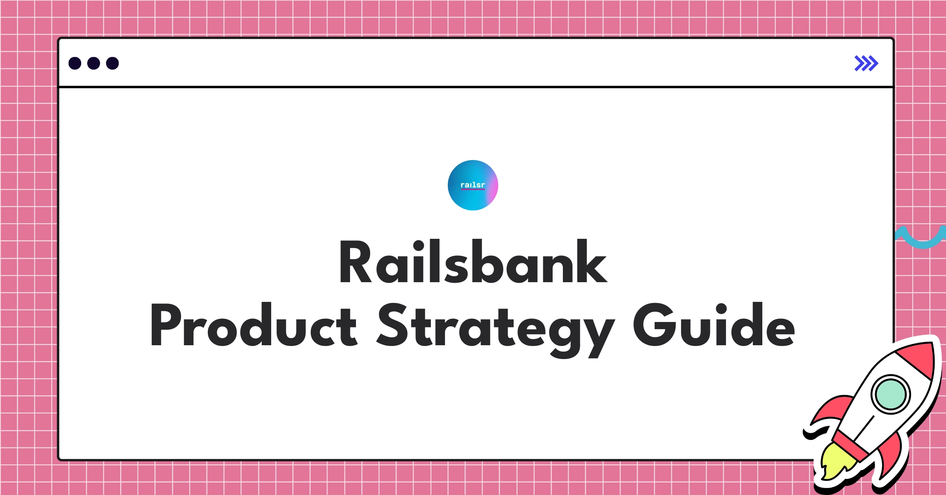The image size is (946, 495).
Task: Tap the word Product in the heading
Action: point(254,324)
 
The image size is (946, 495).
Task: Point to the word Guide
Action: point(714,324)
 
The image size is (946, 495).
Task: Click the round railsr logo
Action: point(473,185)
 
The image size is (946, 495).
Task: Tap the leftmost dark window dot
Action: point(75,63)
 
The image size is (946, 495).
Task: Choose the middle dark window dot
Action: point(94,63)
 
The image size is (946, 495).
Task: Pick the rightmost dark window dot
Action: point(113,63)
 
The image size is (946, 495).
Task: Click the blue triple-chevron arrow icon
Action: point(866,63)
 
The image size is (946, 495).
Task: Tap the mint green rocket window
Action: point(890,394)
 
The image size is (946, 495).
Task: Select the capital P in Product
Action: point(166,324)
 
